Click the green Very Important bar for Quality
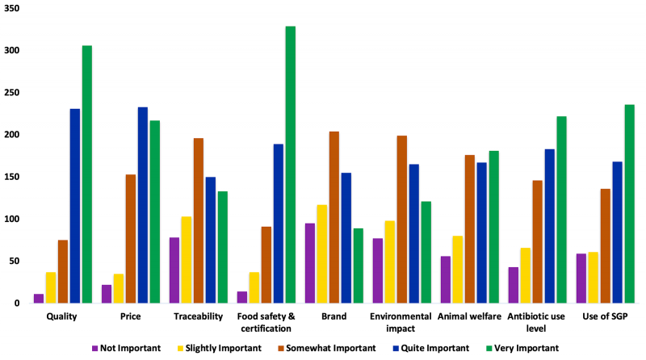point(86,174)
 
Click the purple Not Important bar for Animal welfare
point(446,279)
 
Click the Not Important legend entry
point(128,348)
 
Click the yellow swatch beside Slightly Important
point(180,348)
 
